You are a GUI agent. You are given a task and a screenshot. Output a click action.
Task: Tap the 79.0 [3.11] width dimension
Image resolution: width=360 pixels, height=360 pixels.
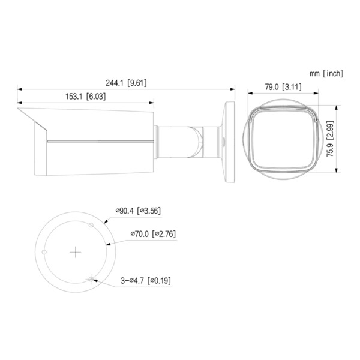coord(283,87)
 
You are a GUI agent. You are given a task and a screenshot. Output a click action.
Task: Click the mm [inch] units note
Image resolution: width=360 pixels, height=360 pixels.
coord(326,73)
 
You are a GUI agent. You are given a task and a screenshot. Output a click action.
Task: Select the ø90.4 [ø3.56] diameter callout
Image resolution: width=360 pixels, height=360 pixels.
coord(137,211)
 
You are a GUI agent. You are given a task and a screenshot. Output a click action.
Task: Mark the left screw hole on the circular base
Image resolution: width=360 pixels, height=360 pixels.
coord(45,252)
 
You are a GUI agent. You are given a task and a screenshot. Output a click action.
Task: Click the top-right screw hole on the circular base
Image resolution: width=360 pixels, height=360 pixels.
coord(91,226)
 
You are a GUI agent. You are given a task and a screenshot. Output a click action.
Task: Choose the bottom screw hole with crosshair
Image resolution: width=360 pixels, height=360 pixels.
coord(91,278)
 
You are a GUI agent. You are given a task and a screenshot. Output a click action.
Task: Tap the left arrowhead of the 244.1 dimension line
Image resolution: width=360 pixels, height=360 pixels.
coord(19,89)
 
